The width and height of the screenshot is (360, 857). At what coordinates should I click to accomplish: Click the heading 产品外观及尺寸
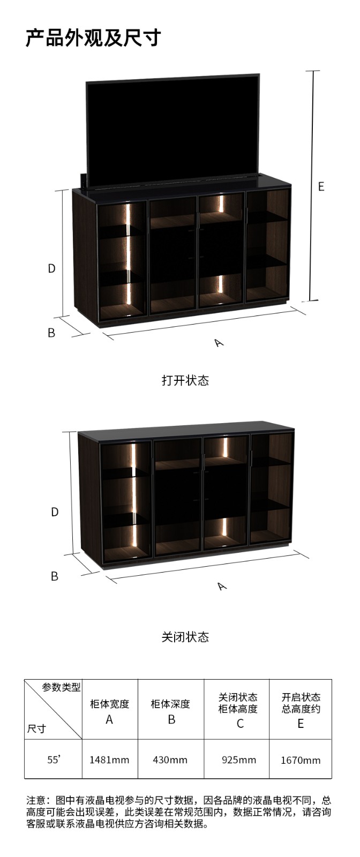pyautogui.click(x=93, y=38)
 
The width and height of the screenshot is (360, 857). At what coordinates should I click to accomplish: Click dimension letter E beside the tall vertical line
pyautogui.click(x=321, y=186)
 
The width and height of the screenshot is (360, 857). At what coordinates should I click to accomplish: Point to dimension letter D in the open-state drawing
pyautogui.click(x=51, y=268)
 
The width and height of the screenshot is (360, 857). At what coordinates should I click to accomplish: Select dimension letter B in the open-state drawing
pyautogui.click(x=51, y=333)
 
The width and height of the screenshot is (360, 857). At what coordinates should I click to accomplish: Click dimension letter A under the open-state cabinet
pyautogui.click(x=219, y=342)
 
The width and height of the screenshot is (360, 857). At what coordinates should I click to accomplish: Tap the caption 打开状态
pyautogui.click(x=185, y=380)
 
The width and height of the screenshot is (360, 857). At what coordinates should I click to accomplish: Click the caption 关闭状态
pyautogui.click(x=185, y=637)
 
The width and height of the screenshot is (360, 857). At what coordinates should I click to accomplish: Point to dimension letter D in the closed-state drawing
pyautogui.click(x=55, y=512)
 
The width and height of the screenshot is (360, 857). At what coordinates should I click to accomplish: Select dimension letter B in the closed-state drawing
pyautogui.click(x=54, y=576)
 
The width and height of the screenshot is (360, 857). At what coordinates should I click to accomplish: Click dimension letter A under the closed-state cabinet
pyautogui.click(x=222, y=585)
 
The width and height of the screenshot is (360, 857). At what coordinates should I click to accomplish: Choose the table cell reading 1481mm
pyautogui.click(x=109, y=760)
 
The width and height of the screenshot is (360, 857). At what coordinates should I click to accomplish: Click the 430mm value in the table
pyautogui.click(x=170, y=760)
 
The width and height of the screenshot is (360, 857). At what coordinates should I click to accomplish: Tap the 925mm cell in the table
pyautogui.click(x=239, y=760)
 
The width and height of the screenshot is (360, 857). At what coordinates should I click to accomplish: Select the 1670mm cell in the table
pyautogui.click(x=301, y=760)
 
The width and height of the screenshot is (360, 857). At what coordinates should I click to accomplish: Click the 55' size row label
pyautogui.click(x=54, y=759)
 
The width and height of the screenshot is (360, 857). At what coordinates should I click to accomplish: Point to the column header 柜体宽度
pyautogui.click(x=109, y=704)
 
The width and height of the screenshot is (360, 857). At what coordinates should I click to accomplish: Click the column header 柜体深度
pyautogui.click(x=170, y=704)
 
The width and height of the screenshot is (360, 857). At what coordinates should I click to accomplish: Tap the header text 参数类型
pyautogui.click(x=61, y=687)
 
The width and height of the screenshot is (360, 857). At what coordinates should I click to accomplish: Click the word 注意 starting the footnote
pyautogui.click(x=35, y=800)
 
